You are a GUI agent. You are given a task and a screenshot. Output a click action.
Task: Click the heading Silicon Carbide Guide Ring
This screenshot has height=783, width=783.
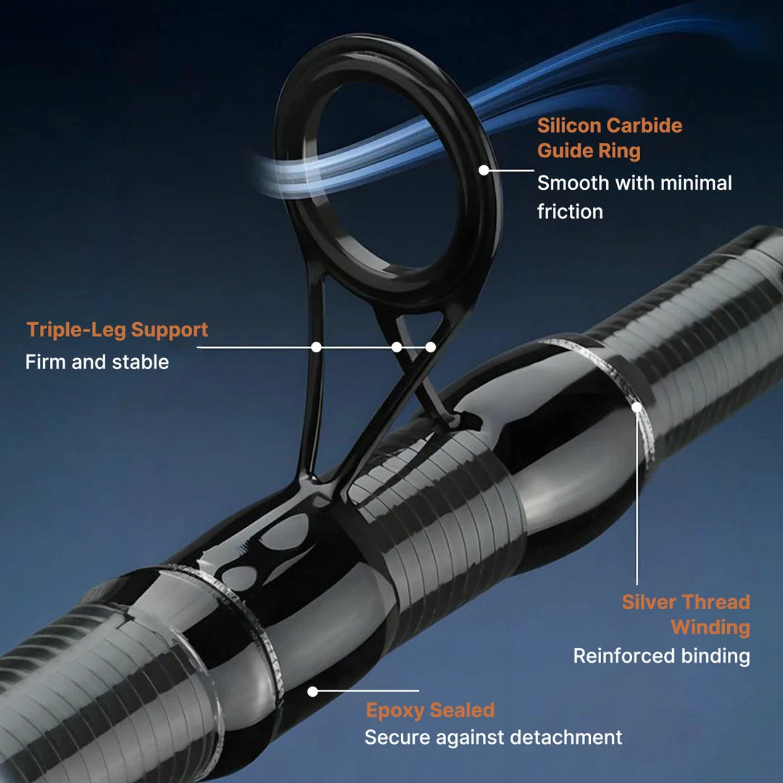(609, 138)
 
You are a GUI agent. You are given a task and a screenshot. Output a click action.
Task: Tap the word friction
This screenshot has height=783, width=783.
(570, 212)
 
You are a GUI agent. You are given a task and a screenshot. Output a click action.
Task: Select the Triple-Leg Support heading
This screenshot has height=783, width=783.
(117, 330)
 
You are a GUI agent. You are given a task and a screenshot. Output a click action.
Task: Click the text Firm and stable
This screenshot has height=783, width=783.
(97, 362)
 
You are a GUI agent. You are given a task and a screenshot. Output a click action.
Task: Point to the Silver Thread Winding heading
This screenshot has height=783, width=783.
(685, 614)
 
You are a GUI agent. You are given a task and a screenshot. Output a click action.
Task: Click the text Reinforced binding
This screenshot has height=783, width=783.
(661, 656)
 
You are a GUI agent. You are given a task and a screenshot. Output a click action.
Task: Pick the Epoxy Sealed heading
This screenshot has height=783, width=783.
(430, 710)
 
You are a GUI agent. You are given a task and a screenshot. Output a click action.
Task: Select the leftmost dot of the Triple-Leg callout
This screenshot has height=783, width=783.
(316, 347)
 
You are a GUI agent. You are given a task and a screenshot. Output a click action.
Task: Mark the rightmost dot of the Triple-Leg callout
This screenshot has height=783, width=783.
(431, 347)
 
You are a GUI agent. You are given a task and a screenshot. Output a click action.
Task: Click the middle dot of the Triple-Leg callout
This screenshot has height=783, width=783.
(397, 347)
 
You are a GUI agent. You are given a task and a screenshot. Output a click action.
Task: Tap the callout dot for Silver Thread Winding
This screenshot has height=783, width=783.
(637, 407)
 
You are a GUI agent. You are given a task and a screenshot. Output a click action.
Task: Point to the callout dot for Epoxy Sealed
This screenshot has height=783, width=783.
(312, 692)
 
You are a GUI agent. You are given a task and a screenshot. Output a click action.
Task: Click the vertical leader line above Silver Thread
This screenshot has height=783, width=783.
(637, 500)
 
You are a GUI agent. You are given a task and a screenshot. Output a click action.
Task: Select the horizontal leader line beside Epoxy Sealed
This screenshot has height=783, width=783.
(370, 692)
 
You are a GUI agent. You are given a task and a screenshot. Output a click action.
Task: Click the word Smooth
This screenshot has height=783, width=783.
(573, 183)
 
